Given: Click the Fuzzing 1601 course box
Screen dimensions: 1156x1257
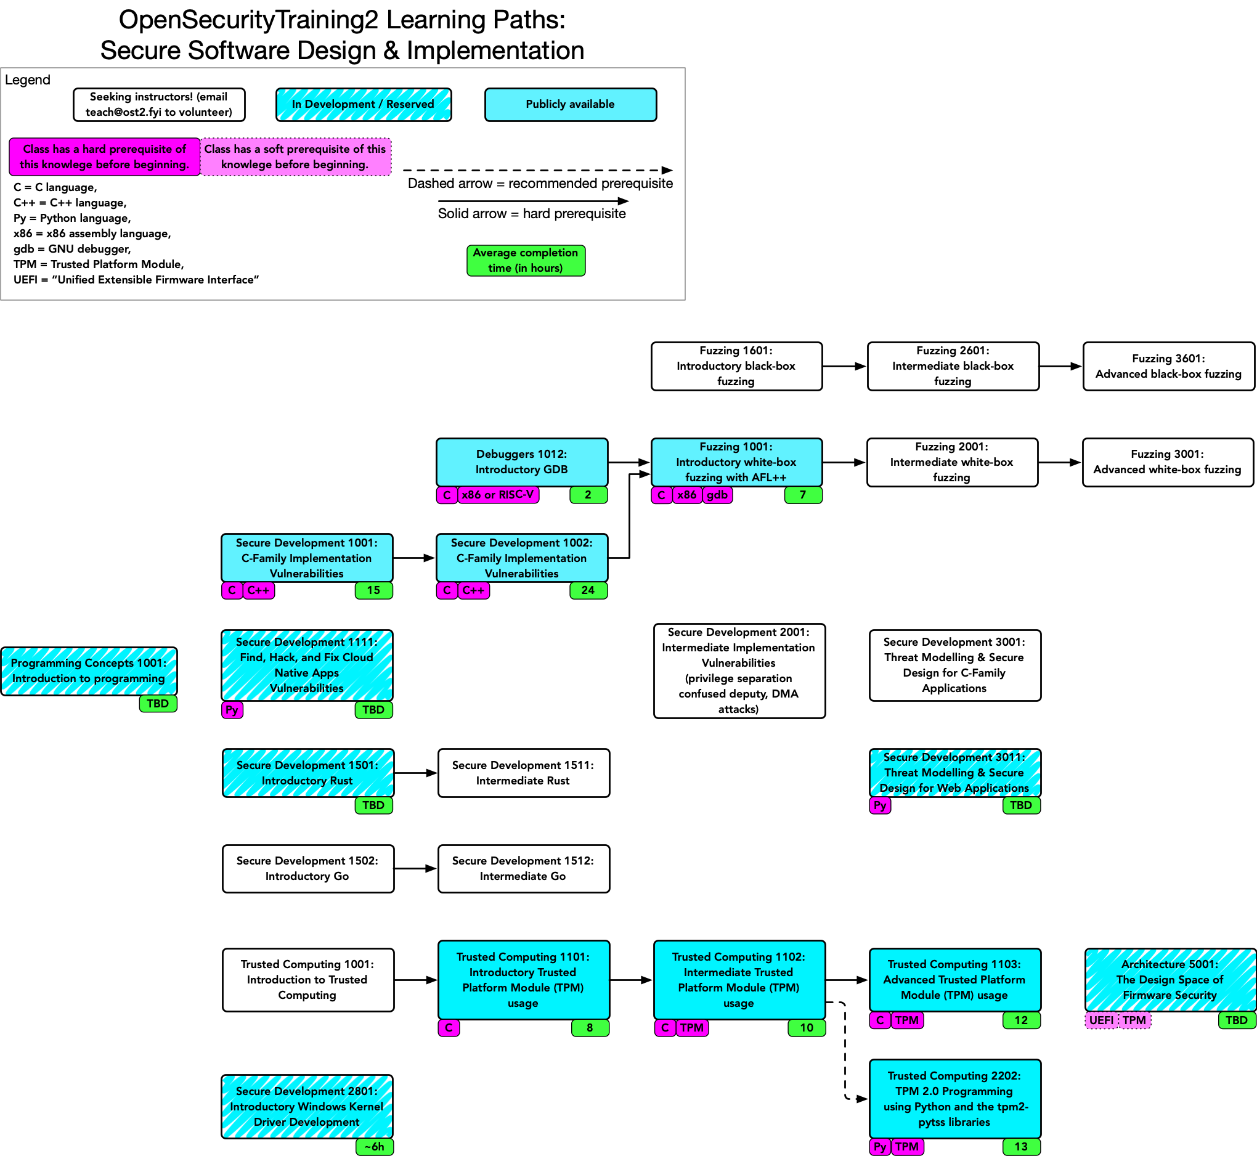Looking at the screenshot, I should click(x=736, y=366).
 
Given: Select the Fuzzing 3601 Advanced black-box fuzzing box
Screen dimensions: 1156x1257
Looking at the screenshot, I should click(x=1168, y=366).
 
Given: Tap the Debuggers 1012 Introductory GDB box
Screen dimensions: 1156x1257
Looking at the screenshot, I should click(x=521, y=462).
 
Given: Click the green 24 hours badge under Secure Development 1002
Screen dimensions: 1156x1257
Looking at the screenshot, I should click(x=588, y=590).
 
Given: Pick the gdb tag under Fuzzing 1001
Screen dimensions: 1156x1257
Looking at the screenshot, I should click(x=717, y=495).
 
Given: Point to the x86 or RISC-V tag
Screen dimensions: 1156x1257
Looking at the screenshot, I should click(x=498, y=495).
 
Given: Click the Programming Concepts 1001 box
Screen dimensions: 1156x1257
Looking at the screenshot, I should click(x=89, y=670).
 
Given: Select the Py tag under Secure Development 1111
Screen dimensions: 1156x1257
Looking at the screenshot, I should click(x=232, y=710).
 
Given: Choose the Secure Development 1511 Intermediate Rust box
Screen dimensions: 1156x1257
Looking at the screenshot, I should click(x=523, y=773).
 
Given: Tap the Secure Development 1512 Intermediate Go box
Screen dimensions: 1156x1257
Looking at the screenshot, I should click(x=523, y=868).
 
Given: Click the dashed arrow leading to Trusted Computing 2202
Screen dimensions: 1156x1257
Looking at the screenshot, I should click(x=845, y=1051).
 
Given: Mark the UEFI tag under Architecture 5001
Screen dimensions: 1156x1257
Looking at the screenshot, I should click(x=1100, y=1020).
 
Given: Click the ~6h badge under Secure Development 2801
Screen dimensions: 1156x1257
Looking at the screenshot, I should click(x=374, y=1147).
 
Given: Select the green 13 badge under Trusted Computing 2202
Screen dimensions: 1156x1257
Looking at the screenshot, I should click(x=1021, y=1147).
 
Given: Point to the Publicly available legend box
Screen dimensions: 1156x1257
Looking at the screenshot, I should click(x=571, y=105).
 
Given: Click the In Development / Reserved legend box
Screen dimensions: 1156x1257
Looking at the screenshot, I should click(x=364, y=105).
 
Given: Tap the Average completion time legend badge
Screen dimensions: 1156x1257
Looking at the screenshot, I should click(x=526, y=260).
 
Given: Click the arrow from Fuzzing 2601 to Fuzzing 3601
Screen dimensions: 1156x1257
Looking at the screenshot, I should click(x=1060, y=366).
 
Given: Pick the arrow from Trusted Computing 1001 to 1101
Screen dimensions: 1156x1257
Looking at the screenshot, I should click(x=416, y=980).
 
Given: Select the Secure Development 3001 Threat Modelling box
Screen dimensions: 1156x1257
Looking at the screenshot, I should click(x=954, y=665).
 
